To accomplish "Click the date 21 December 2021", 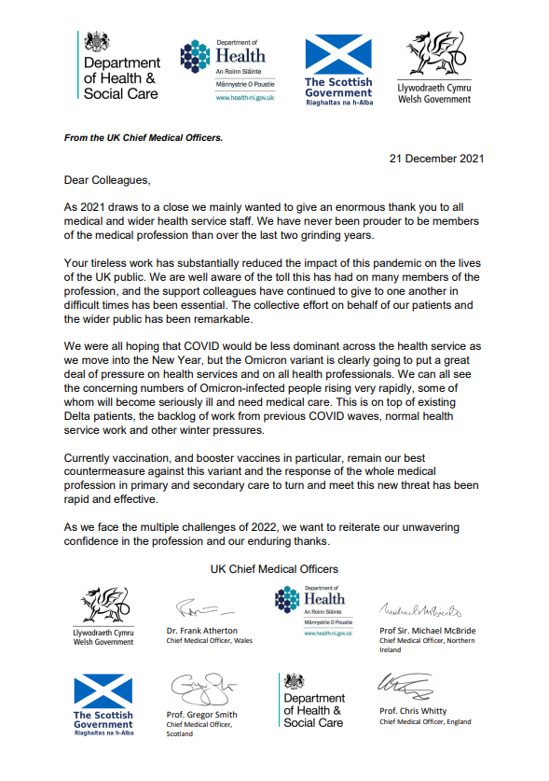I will (437, 159).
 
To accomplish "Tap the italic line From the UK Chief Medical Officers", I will (144, 137).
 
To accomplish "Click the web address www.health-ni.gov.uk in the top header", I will (248, 97).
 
